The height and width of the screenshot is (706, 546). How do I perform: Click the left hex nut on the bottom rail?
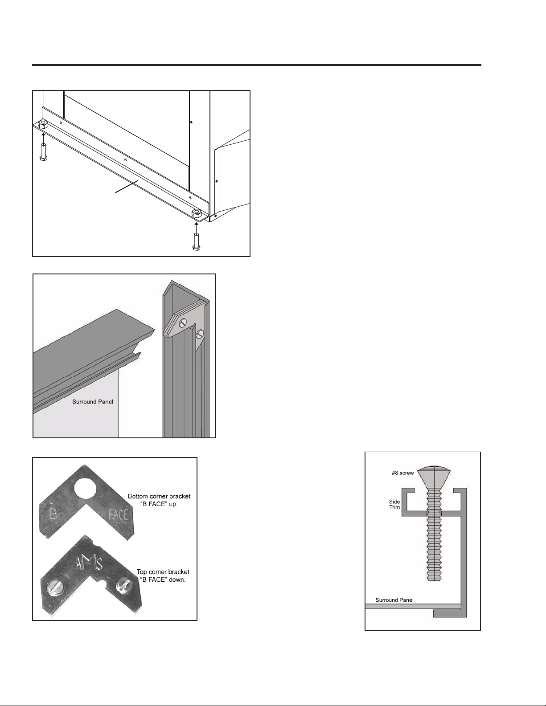43,124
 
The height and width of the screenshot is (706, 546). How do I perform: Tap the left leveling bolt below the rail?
43,151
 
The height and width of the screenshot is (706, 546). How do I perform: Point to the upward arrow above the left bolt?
43,135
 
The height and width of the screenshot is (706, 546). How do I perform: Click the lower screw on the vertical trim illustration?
200,333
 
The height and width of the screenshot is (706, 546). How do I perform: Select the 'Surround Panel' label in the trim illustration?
93,402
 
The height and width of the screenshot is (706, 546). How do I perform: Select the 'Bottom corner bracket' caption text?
159,497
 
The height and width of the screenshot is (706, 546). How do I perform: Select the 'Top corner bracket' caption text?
163,572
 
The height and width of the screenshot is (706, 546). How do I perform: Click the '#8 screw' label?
402,473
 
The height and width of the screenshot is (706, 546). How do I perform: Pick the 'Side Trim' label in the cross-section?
394,505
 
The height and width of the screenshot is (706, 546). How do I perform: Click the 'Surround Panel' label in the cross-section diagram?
394,600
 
